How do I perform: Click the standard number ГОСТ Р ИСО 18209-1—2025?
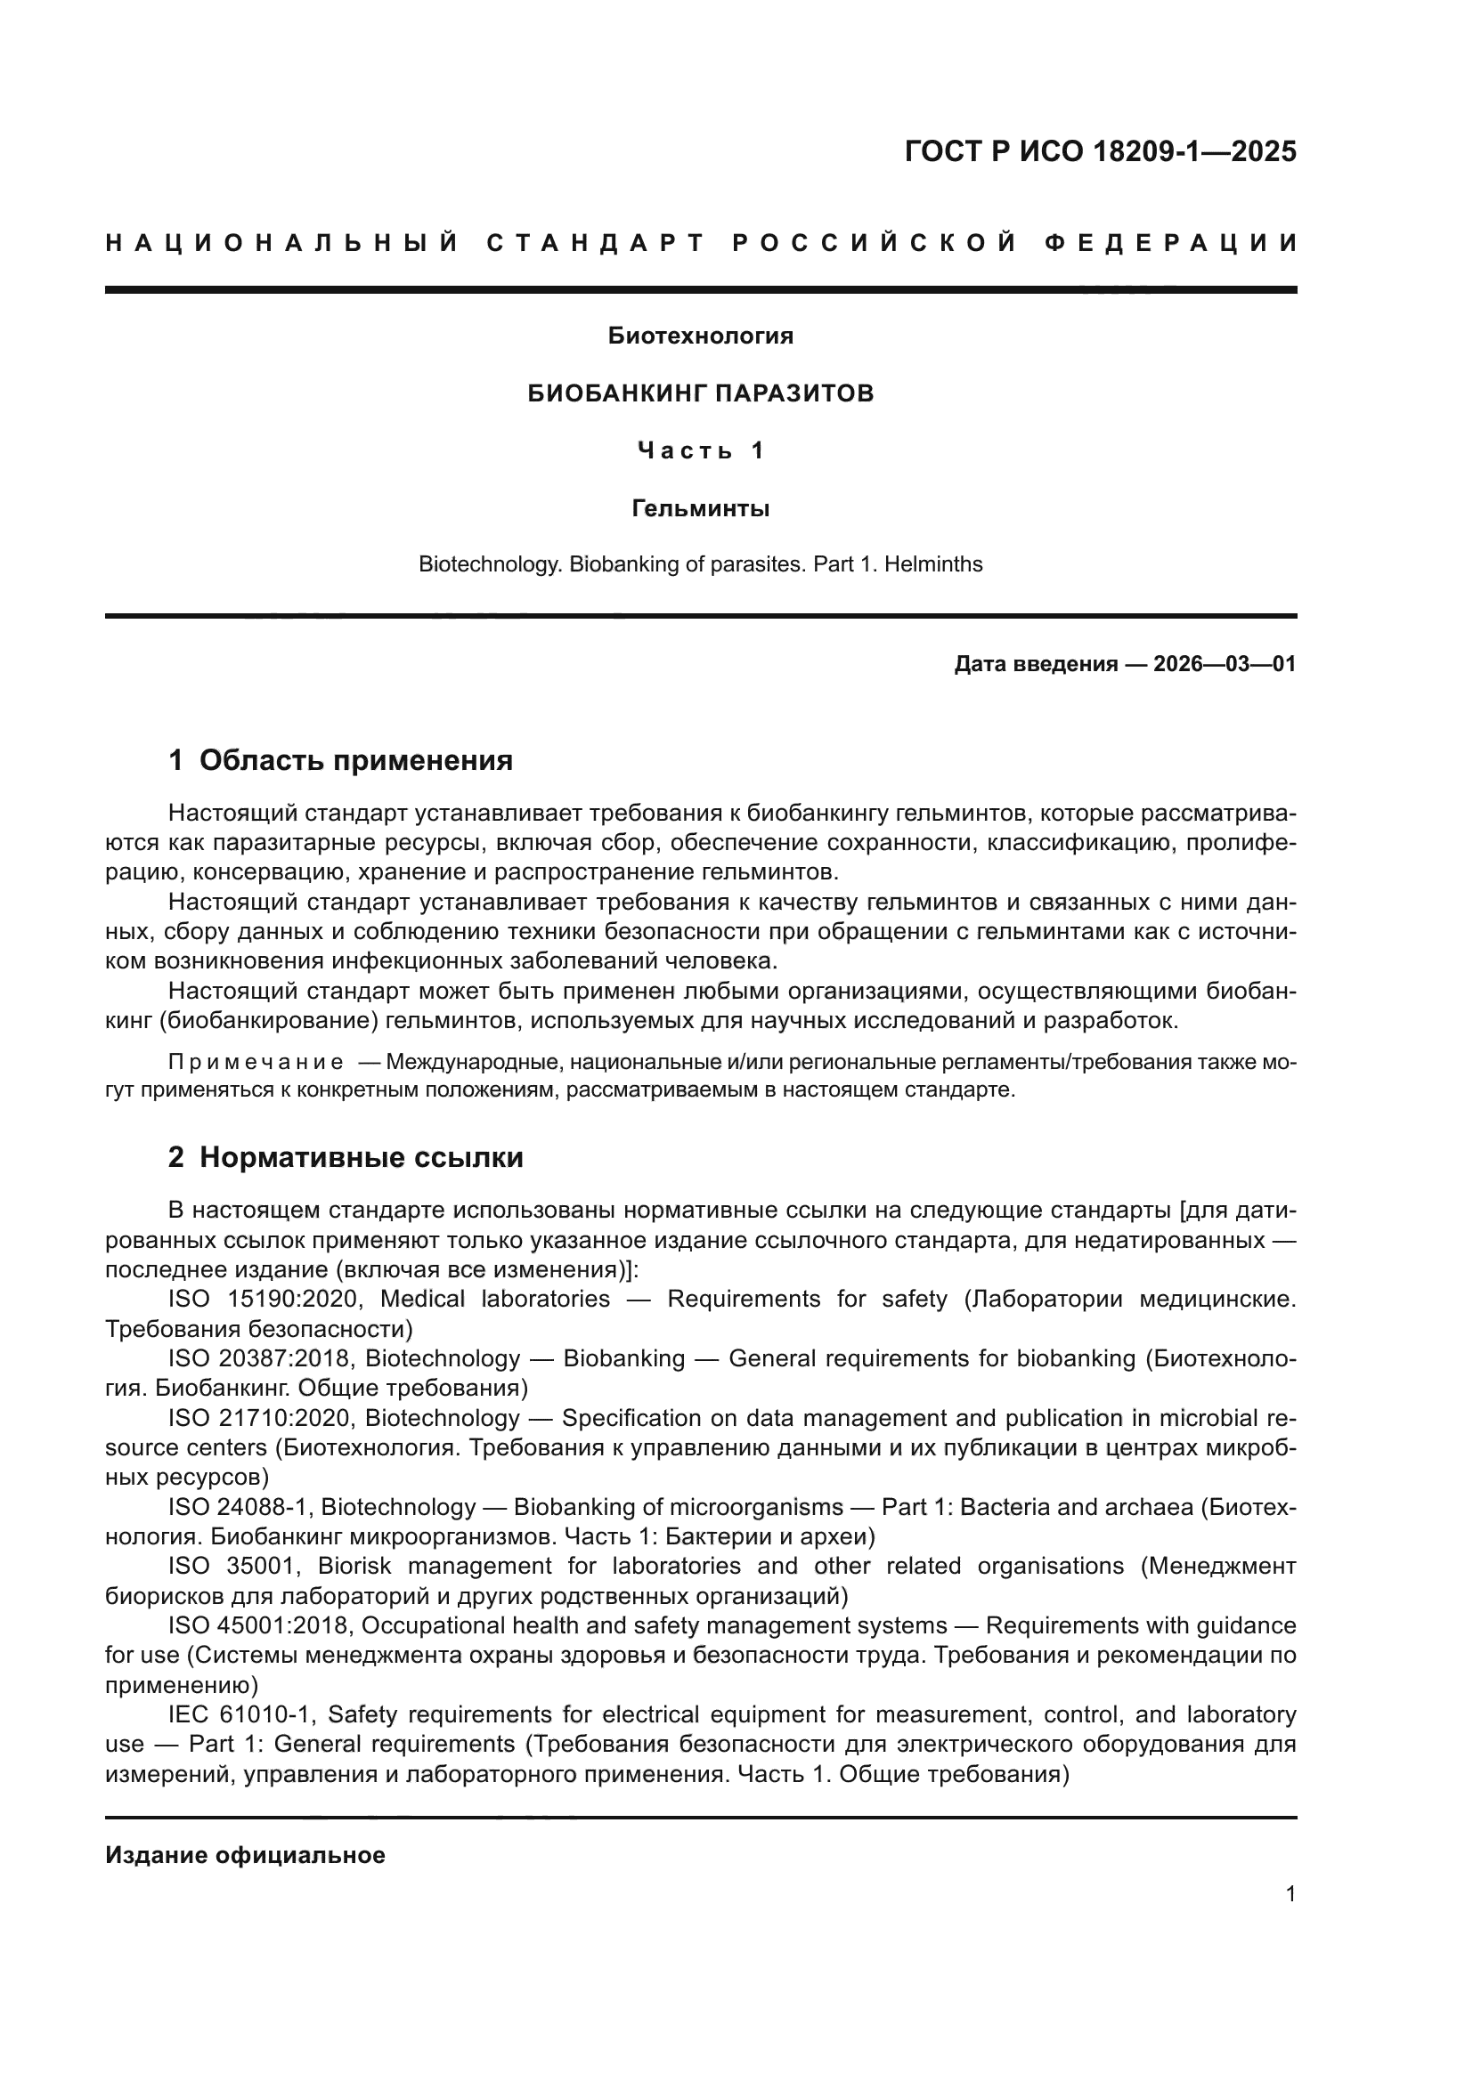[1100, 151]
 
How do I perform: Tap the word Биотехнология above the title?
[700, 336]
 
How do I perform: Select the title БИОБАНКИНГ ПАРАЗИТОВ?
[700, 393]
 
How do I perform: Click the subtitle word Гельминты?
[700, 509]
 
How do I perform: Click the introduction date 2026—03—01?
[1224, 665]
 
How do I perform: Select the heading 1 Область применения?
[341, 760]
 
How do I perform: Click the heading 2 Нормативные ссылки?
[346, 1158]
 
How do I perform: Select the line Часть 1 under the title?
[700, 450]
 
